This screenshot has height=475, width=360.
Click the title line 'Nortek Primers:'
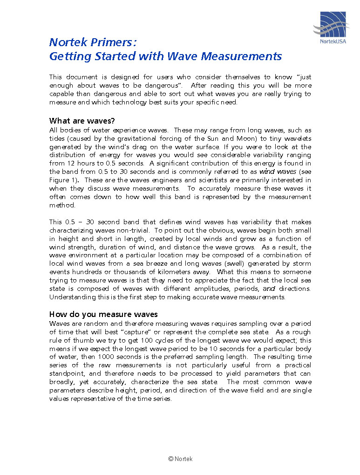click(93, 42)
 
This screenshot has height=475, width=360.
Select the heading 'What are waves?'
click(82, 121)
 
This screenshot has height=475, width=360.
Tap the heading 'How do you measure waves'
click(103, 314)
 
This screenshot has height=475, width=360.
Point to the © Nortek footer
click(180, 459)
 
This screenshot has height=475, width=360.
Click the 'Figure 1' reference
click(63, 180)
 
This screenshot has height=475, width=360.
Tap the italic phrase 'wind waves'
click(278, 172)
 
